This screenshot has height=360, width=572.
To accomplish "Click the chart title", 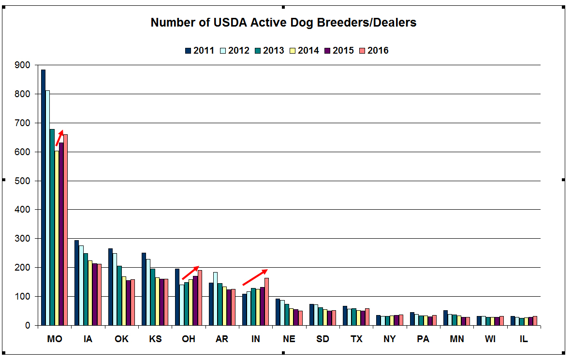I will tap(283, 22).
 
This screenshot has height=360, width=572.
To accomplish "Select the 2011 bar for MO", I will tap(43, 198).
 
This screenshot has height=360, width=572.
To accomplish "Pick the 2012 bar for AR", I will tap(215, 299).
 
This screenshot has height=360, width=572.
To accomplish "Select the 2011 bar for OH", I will tap(177, 297).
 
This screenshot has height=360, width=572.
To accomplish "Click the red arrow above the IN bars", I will tap(255, 277).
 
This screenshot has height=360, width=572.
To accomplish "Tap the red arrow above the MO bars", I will tap(59, 138).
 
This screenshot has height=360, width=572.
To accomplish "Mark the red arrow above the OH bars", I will tap(191, 273).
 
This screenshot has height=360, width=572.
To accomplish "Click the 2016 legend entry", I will tap(374, 50).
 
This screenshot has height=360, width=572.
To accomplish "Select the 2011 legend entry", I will tap(200, 50).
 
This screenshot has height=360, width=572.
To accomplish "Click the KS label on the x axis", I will tap(155, 339).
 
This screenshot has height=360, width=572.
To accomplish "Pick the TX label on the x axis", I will tap(356, 339).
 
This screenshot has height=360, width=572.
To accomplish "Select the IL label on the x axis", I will tap(524, 339).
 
